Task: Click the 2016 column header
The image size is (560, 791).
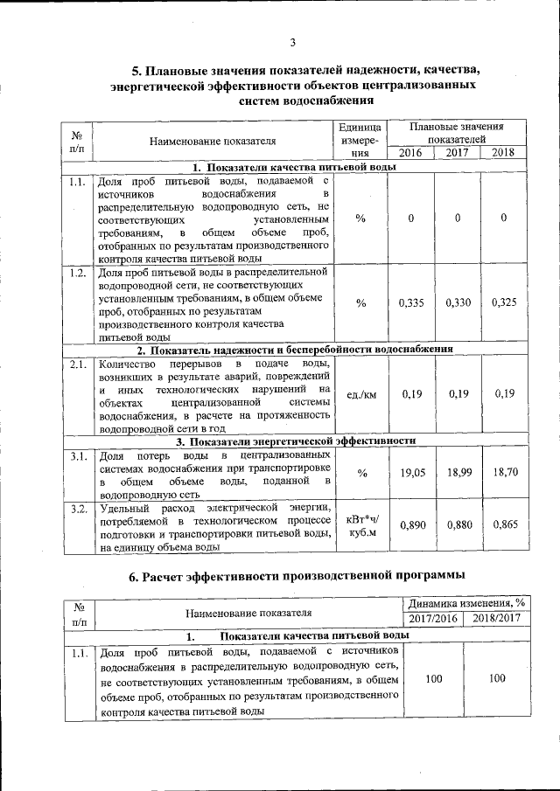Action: tap(410, 154)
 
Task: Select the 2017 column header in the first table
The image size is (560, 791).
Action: tap(458, 154)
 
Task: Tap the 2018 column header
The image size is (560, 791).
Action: tap(504, 154)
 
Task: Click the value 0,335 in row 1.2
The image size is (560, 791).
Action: tap(410, 302)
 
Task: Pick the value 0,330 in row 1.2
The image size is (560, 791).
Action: tap(458, 302)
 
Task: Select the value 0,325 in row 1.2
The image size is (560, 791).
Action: tap(504, 302)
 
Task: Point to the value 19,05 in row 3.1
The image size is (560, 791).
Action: tap(410, 472)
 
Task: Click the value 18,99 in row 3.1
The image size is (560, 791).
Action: tap(458, 472)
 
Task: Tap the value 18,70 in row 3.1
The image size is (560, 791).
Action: tap(504, 472)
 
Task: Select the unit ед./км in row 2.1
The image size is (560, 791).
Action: tap(361, 394)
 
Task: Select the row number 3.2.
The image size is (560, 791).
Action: tap(76, 508)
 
